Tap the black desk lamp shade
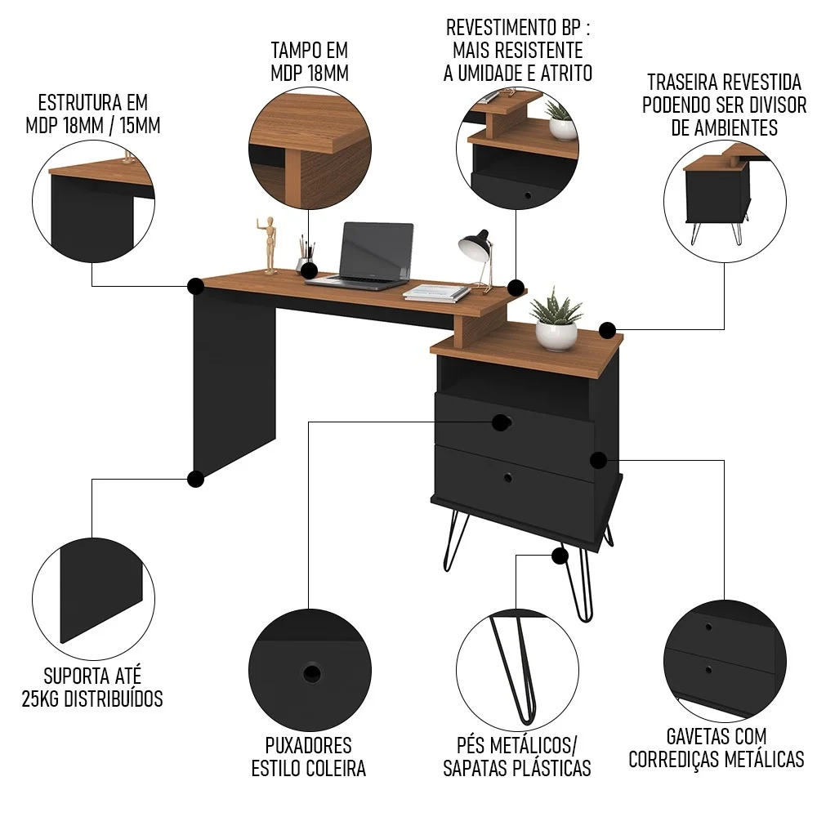[473, 242]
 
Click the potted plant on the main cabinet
[556, 319]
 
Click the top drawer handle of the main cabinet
[502, 422]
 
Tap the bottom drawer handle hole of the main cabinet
[508, 476]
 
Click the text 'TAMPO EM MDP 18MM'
[309, 62]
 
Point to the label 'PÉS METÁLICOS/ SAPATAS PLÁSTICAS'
[516, 757]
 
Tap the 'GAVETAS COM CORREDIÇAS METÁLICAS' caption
[716, 748]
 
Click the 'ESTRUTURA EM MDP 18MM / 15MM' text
[92, 114]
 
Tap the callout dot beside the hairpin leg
[560, 556]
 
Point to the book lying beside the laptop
[437, 292]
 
